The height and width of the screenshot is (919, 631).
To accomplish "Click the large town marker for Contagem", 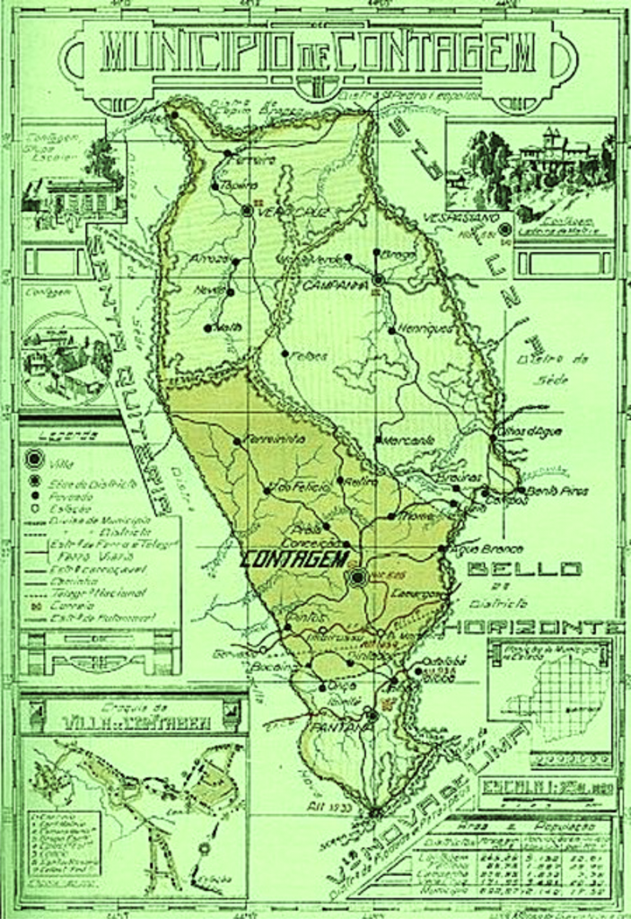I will (358, 577).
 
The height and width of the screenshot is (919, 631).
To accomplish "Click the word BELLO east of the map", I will (525, 569).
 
